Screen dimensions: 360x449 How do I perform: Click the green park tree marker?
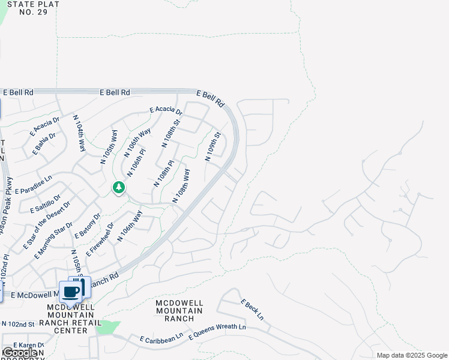[x=119, y=188]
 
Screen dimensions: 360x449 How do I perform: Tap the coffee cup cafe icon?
[x=71, y=292]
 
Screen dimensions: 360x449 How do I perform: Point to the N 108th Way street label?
[x=181, y=185]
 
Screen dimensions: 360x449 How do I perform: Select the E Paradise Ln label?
[x=34, y=185]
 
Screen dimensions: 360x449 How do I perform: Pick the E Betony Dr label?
[x=89, y=225]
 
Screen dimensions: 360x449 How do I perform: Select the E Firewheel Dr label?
[x=100, y=241]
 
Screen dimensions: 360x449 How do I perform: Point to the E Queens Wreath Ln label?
[x=217, y=332]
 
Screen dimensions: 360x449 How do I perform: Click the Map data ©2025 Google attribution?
[x=412, y=355]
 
